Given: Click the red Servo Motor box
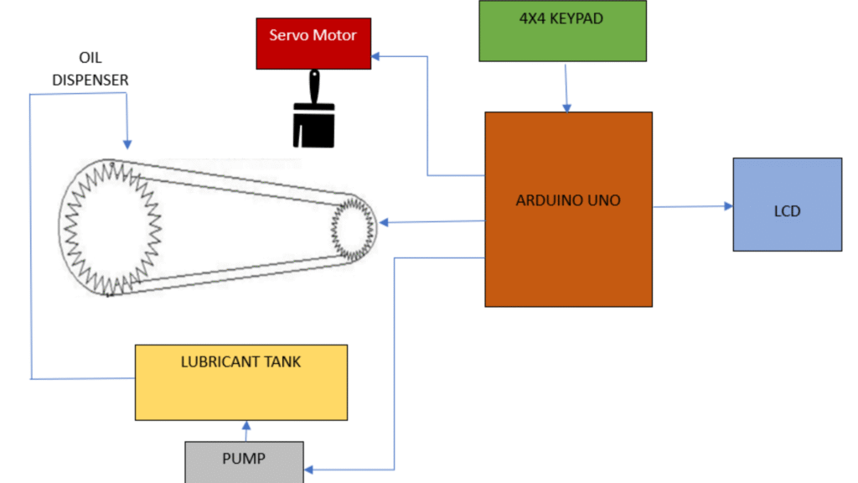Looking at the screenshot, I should point(313,44).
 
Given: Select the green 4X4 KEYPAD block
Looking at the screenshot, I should point(562,31).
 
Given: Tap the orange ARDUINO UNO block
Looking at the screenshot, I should point(568,209).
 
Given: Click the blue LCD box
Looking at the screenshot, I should point(787,204).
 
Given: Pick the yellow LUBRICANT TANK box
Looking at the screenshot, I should point(240,382).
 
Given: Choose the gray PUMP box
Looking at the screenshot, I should point(244,461).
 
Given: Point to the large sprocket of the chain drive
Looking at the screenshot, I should point(113,226).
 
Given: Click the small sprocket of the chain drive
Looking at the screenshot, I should point(353,224).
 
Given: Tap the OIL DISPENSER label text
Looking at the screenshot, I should point(90,70).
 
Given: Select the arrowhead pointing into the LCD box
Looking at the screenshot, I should point(727,205).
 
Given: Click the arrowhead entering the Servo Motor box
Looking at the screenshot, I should point(377,56).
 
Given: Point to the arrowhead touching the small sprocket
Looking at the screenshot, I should point(384,223).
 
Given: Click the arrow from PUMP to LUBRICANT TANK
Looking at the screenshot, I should point(246,430).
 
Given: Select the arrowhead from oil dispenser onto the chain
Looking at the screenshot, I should point(127,143).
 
